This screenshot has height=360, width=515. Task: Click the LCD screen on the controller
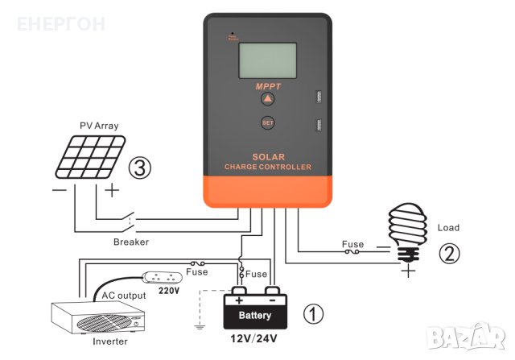click(267, 57)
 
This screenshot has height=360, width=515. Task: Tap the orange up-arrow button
click(267, 99)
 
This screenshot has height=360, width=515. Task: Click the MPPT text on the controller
click(267, 85)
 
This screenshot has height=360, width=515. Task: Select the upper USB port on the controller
click(316, 98)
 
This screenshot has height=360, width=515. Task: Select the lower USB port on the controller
click(316, 126)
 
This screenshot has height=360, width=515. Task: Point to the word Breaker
click(130, 241)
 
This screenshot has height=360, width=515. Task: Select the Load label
click(447, 228)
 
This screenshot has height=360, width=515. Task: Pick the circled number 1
click(315, 313)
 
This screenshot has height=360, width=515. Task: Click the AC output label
click(123, 296)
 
